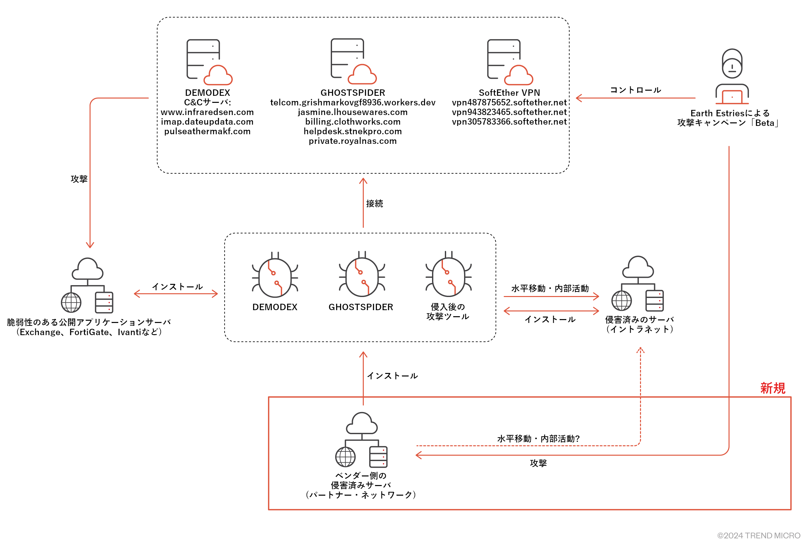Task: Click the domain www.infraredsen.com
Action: click(207, 112)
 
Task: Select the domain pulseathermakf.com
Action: click(207, 132)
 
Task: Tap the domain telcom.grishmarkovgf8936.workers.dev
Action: click(353, 103)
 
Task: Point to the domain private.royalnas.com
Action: click(353, 141)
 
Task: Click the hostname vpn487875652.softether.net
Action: click(509, 103)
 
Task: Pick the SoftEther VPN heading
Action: click(509, 93)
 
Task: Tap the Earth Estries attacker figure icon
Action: click(732, 76)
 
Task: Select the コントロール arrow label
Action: click(635, 90)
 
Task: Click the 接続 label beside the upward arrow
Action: click(374, 203)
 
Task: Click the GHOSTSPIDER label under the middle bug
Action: click(361, 307)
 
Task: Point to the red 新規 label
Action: click(772, 388)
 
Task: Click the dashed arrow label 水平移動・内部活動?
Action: click(538, 439)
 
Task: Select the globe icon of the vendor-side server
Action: click(345, 457)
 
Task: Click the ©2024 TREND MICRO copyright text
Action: click(758, 536)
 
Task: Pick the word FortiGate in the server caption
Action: click(89, 332)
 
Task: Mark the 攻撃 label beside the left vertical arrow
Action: click(79, 179)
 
